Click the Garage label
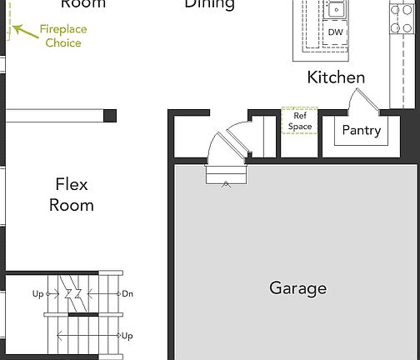tap(297, 288)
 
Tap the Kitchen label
tap(336, 77)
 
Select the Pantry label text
tap(362, 131)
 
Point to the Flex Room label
tap(72, 194)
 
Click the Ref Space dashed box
tap(299, 121)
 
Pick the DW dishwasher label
tap(335, 32)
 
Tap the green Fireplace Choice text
tap(63, 36)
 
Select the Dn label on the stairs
tap(127, 293)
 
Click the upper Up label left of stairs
tap(38, 294)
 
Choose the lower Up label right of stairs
tap(127, 336)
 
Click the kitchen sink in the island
tap(336, 10)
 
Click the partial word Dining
tap(209, 4)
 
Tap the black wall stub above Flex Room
tap(109, 116)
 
